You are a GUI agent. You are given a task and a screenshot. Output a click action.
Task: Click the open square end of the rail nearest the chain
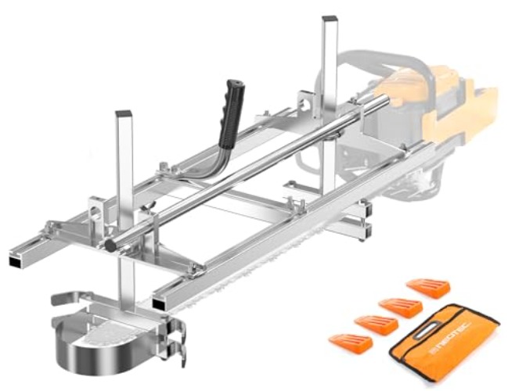pyautogui.click(x=160, y=300)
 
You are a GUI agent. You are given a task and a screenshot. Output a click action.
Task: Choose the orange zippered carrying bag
pyautogui.click(x=442, y=344)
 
